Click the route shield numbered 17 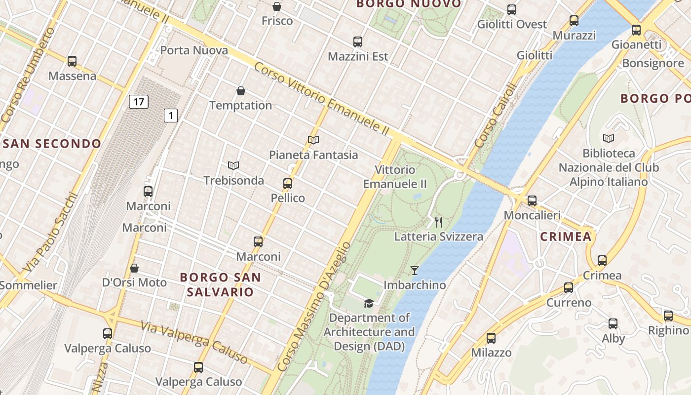coord(139,102)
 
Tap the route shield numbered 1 coord(171,116)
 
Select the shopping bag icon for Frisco coord(277,6)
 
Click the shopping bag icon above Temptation coord(241,91)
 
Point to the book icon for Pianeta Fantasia coord(313,140)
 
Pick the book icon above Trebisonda coord(233,165)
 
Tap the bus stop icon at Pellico coord(288,184)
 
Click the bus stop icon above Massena coord(72,61)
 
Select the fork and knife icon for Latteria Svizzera coord(438,222)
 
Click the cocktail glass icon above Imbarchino coord(415,271)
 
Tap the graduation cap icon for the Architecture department coord(369,303)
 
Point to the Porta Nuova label coord(194,50)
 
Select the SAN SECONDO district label coord(52,144)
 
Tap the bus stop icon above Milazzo coord(491,338)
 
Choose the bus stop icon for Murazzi coord(574,21)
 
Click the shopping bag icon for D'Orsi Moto coord(134,268)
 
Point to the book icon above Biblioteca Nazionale coord(609,139)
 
